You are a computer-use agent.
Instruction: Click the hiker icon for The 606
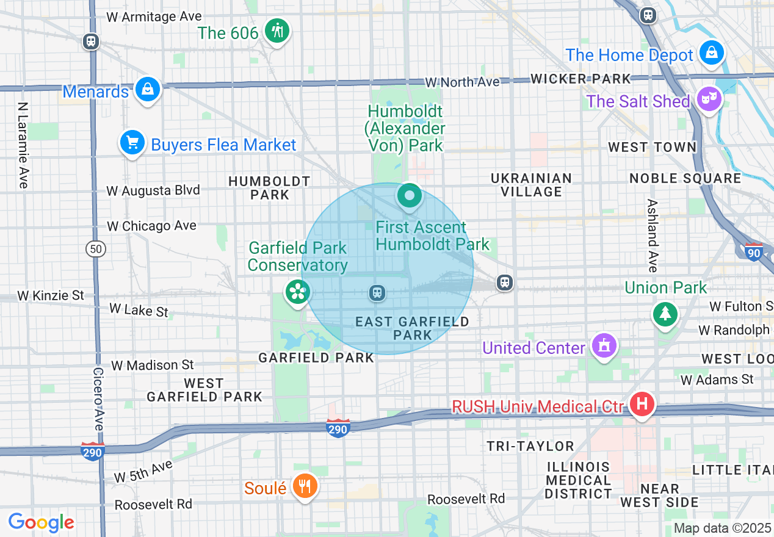pyautogui.click(x=277, y=31)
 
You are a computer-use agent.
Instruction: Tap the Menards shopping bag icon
pyautogui.click(x=148, y=89)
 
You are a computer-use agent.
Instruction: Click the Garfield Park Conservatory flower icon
pyautogui.click(x=297, y=292)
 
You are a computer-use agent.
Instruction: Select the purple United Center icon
pyautogui.click(x=604, y=346)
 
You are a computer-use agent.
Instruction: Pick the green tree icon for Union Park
pyautogui.click(x=665, y=314)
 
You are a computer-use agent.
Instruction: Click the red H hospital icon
pyautogui.click(x=642, y=404)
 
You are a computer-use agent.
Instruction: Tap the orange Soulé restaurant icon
pyautogui.click(x=303, y=486)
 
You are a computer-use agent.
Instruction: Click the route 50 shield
pyautogui.click(x=96, y=249)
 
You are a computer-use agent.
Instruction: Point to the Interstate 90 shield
pyautogui.click(x=754, y=251)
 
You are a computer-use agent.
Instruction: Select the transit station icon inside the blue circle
pyautogui.click(x=377, y=293)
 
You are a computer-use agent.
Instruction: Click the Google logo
pyautogui.click(x=41, y=522)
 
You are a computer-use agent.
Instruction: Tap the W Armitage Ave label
pyautogui.click(x=154, y=16)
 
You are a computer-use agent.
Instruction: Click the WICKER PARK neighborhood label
pyautogui.click(x=580, y=79)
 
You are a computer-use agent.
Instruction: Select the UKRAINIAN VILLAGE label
pyautogui.click(x=531, y=185)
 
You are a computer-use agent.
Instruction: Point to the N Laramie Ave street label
pyautogui.click(x=23, y=145)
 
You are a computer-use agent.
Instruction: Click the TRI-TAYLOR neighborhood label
pyautogui.click(x=530, y=446)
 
